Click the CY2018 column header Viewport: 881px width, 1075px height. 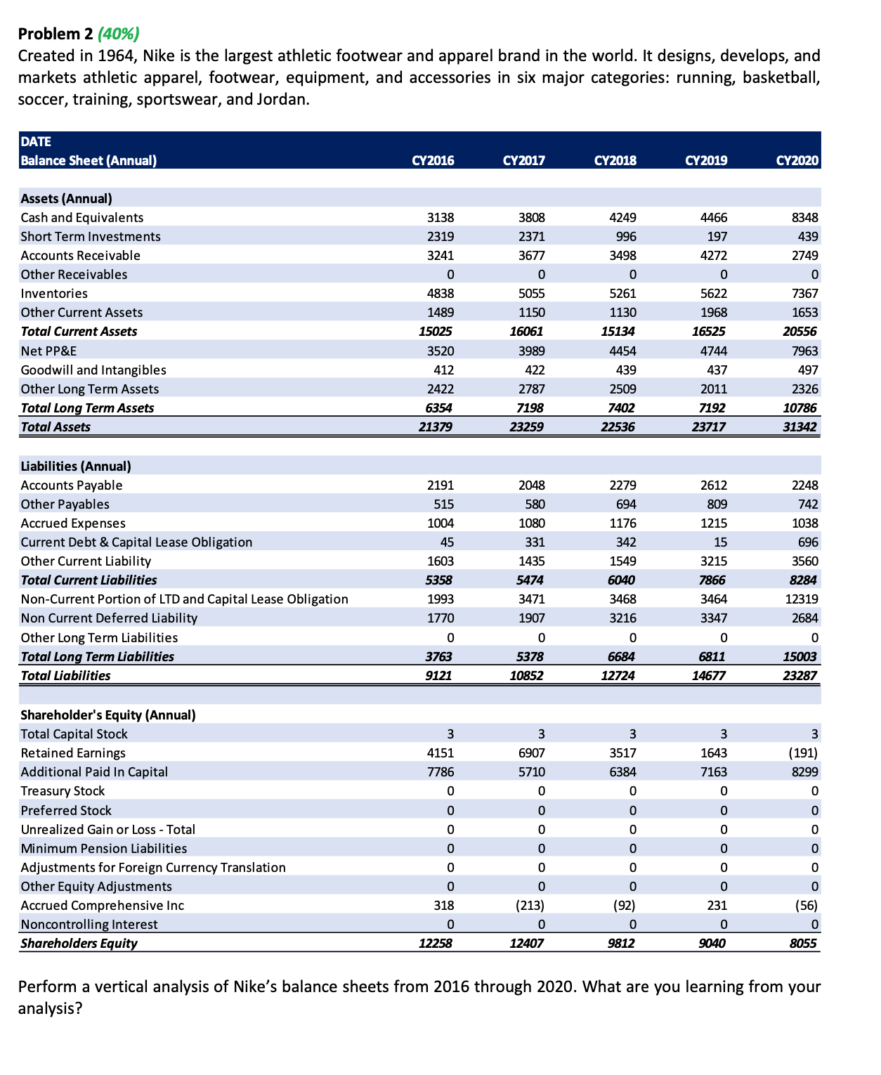point(615,160)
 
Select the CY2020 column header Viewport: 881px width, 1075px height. point(797,160)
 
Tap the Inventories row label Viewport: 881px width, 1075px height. point(54,294)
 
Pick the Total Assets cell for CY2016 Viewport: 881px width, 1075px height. point(436,426)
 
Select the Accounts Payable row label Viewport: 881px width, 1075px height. point(72,486)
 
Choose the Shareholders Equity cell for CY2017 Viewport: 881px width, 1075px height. point(526,943)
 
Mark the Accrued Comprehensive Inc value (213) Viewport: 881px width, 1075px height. point(530,905)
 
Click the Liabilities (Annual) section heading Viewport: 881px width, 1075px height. point(76,466)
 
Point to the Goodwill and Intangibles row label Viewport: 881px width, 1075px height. point(93,370)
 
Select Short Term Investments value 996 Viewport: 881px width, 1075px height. point(625,237)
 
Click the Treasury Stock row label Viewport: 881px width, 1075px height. point(63,791)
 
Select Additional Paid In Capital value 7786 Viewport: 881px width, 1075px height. point(440,771)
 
